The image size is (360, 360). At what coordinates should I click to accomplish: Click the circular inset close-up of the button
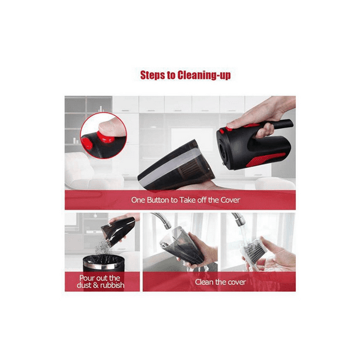[103, 136]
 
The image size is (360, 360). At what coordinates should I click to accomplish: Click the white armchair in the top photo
[82, 174]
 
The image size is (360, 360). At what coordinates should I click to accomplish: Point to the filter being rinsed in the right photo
[254, 249]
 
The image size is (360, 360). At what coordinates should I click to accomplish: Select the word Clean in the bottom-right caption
[205, 282]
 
